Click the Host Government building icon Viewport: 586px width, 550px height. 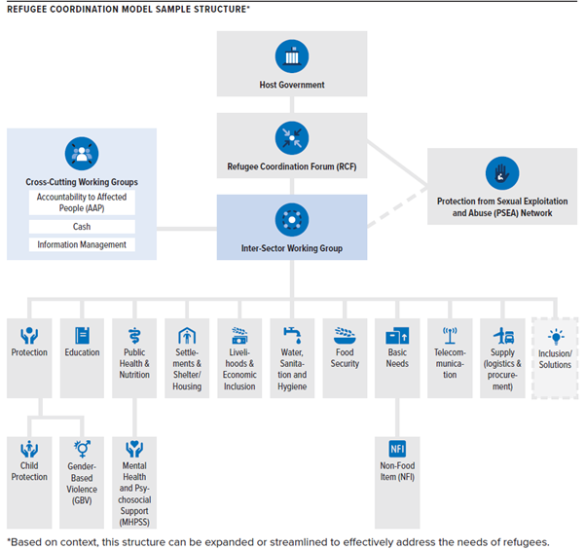click(x=292, y=55)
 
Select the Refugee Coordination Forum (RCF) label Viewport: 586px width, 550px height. click(x=292, y=165)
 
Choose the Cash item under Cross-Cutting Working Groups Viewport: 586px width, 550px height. click(x=82, y=226)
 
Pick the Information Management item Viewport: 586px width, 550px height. click(x=82, y=244)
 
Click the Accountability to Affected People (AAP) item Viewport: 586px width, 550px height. click(x=82, y=202)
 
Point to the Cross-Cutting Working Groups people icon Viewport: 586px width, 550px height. click(x=82, y=153)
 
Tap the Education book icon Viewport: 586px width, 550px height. click(x=82, y=335)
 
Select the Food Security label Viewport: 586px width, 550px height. click(x=345, y=358)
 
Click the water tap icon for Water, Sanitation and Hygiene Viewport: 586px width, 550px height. click(x=292, y=335)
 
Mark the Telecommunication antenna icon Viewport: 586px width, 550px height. click(x=450, y=335)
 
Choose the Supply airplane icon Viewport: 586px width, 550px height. click(x=502, y=335)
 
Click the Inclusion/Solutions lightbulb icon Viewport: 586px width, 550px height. click(x=555, y=335)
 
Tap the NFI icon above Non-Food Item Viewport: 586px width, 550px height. click(x=397, y=449)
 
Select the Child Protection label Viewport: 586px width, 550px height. click(x=29, y=471)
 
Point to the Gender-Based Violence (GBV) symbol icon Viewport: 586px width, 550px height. click(x=82, y=449)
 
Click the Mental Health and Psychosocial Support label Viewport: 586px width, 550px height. click(x=134, y=488)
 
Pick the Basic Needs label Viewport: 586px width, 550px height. click(x=397, y=358)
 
